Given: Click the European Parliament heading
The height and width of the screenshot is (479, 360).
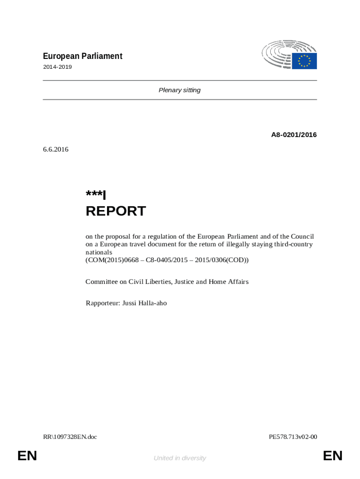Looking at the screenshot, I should point(83,56).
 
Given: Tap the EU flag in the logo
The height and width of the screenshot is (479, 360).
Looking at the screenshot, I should point(304,61).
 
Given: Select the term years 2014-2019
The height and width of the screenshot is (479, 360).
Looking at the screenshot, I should point(58,67).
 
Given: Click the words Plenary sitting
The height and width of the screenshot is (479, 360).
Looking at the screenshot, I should point(180,90).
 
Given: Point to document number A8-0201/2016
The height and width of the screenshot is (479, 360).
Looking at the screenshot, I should point(294,135).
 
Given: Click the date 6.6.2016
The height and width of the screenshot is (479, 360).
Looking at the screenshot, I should point(56,150).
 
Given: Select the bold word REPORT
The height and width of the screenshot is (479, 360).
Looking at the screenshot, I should point(115,211).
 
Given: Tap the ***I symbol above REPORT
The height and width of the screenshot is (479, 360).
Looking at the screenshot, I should point(96,195).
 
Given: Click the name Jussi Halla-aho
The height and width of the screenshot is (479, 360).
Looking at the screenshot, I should point(144,303).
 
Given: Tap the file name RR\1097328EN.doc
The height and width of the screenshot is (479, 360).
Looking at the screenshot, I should point(70,437).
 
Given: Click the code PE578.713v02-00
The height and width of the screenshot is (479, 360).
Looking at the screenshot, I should point(293,437).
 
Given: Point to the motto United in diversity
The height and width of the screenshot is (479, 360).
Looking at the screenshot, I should point(180,458).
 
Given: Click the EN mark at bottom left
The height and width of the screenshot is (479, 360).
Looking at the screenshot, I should point(27,456).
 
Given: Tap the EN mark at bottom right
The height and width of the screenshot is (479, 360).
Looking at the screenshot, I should point(332,456).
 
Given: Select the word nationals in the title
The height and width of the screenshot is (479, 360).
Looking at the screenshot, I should point(99,252).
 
